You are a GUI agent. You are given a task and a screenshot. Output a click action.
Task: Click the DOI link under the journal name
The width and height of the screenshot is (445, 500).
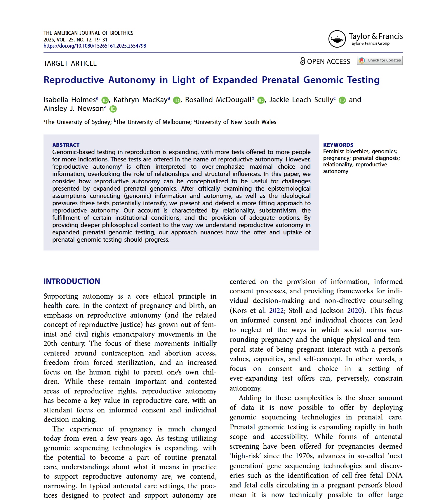95,46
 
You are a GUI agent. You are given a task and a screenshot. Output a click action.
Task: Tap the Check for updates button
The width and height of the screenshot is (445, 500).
380,60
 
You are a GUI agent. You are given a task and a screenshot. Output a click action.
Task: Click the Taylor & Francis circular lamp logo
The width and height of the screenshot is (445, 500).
337,39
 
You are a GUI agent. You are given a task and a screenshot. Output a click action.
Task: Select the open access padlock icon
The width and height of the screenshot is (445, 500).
303,61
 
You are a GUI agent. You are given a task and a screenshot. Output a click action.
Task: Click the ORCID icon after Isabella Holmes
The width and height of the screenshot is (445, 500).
105,100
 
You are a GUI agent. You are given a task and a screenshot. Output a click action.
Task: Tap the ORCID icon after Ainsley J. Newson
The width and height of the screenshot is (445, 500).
113,109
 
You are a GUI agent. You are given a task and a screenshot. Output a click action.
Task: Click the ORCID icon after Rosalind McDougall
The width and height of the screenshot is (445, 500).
261,100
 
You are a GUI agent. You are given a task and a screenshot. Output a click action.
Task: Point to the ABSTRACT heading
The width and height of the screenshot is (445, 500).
66,145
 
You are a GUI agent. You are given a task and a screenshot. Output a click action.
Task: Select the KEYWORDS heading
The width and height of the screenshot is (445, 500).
338,145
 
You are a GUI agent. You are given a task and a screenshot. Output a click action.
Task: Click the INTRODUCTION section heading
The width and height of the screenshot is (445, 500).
72,281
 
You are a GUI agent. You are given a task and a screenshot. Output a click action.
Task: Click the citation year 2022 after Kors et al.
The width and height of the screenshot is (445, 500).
276,311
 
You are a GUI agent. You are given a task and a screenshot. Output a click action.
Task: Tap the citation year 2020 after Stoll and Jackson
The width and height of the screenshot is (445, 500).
354,311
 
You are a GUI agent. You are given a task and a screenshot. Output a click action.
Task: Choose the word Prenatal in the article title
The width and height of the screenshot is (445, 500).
280,80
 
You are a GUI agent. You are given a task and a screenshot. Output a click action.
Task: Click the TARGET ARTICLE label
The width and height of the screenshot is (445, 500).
70,63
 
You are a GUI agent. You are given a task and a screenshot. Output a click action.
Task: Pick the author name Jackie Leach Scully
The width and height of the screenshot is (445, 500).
301,100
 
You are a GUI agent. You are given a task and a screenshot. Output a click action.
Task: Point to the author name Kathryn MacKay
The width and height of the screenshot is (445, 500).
140,100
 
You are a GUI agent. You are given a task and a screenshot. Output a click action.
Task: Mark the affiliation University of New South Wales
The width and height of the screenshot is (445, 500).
236,122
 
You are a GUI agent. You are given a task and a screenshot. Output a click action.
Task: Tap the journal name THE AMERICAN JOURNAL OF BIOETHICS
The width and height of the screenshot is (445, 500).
88,33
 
